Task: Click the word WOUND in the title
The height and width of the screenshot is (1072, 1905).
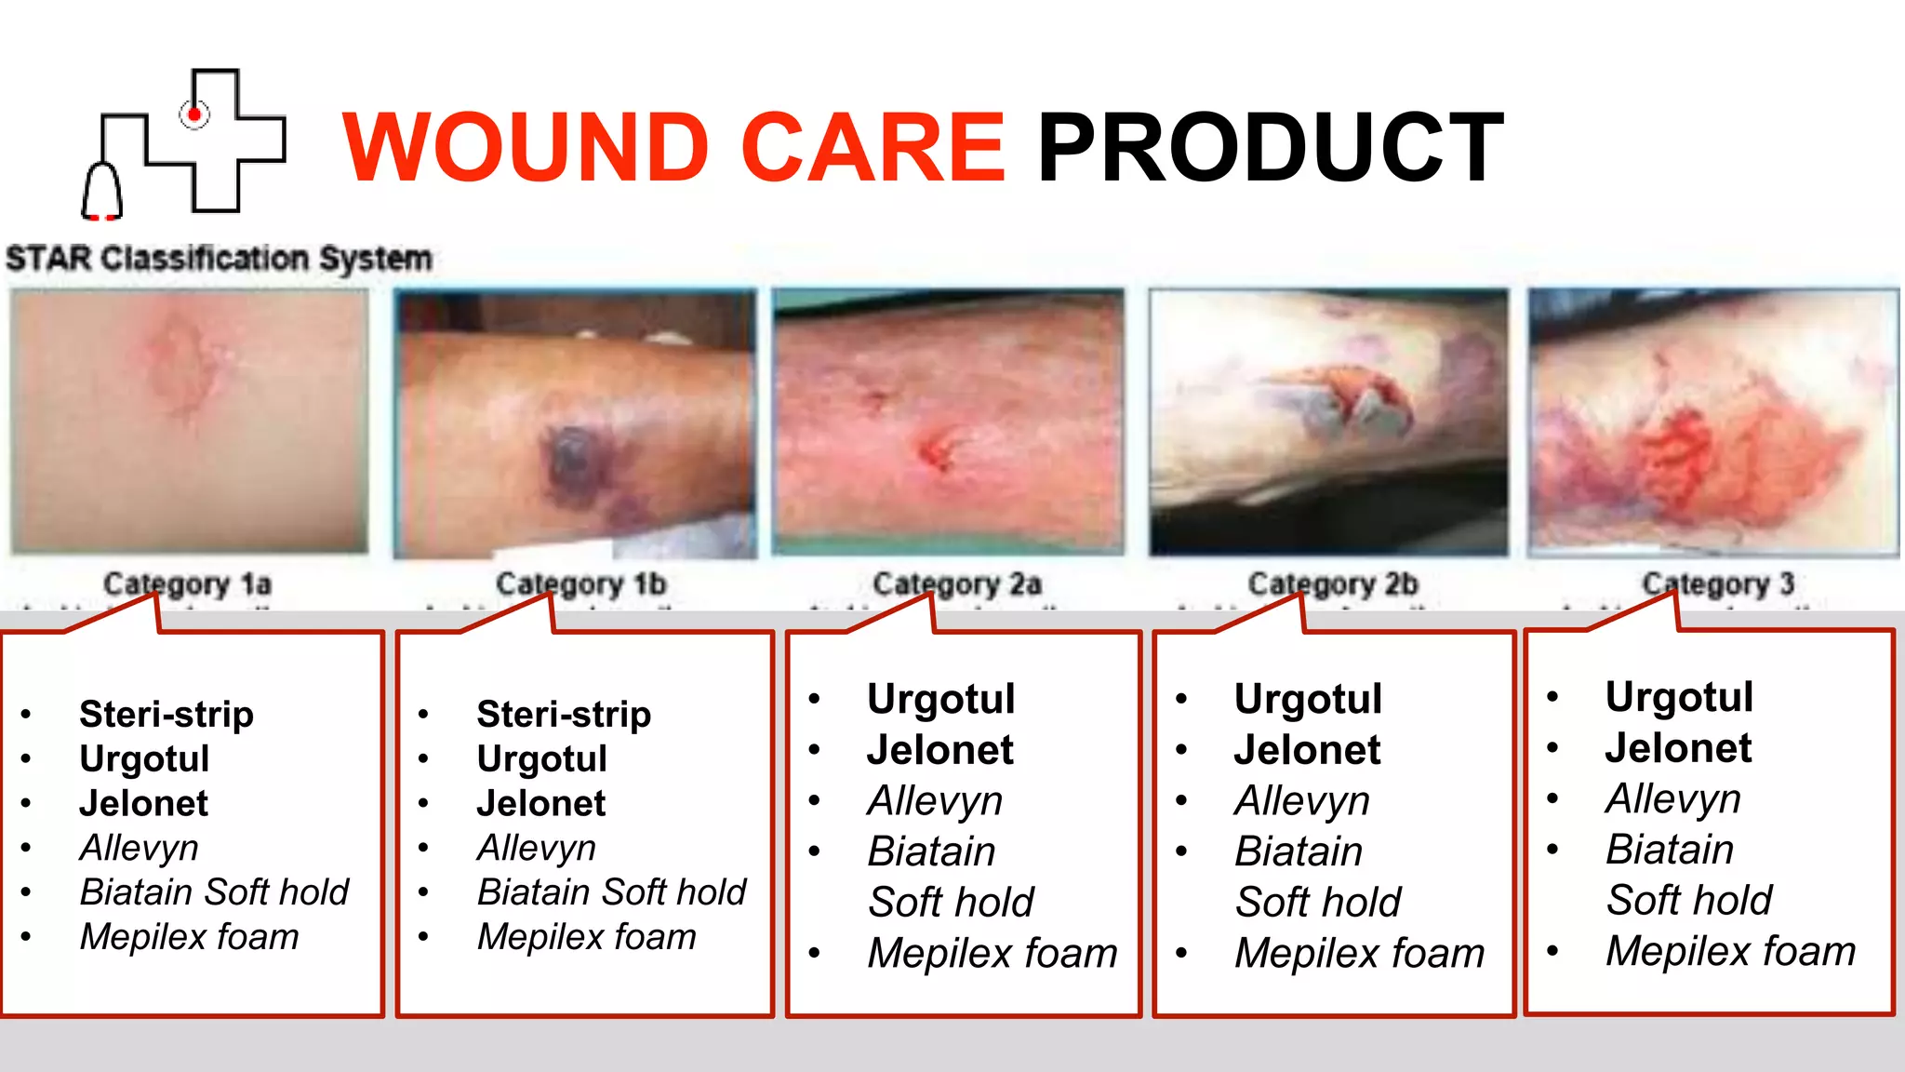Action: (x=526, y=147)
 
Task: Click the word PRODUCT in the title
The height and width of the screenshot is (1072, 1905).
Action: (x=1270, y=147)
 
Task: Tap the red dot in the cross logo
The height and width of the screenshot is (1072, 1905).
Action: (x=194, y=115)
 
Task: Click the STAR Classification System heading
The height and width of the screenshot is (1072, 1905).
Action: (x=219, y=258)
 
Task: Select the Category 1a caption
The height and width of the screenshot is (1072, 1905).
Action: (x=187, y=583)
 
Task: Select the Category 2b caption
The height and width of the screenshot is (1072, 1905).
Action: (x=1332, y=583)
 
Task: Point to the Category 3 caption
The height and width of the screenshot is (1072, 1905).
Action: (x=1717, y=583)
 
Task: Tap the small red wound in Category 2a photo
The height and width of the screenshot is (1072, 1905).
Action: (x=938, y=451)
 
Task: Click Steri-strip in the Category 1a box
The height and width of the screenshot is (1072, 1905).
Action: (x=167, y=715)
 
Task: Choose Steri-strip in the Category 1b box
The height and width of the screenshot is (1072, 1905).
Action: (x=564, y=715)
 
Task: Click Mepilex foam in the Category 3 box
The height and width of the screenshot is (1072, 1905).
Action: (x=1730, y=951)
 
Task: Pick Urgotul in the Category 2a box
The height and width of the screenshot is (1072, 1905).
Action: (x=940, y=699)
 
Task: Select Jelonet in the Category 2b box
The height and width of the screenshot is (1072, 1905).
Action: (x=1307, y=750)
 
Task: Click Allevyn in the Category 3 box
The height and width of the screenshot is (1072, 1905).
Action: (x=1672, y=798)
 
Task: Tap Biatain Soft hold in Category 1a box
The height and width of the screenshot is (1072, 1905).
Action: (x=214, y=892)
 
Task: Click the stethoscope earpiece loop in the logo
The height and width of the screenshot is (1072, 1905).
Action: (x=101, y=191)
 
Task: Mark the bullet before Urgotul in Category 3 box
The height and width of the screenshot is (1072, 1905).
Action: (x=1552, y=697)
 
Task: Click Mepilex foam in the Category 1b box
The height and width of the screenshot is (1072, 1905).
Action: (x=586, y=937)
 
